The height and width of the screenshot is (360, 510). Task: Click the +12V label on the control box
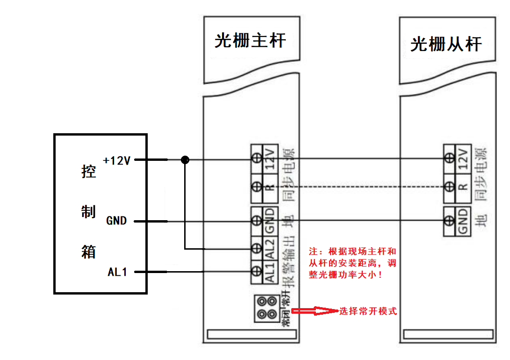(x=117, y=161)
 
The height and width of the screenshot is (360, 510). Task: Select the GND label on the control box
(x=116, y=221)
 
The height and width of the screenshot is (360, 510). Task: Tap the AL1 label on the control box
(x=117, y=272)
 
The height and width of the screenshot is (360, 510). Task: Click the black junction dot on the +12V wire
(x=185, y=160)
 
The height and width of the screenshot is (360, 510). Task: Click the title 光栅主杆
(x=250, y=41)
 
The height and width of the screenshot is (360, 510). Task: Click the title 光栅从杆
(x=446, y=44)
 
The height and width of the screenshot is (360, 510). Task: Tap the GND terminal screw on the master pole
(x=257, y=220)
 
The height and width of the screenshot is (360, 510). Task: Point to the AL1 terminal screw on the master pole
(x=257, y=271)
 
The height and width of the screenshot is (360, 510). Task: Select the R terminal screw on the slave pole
(x=449, y=187)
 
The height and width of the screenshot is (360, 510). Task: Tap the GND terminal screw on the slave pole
(x=449, y=220)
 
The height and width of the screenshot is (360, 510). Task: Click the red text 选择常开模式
(x=368, y=311)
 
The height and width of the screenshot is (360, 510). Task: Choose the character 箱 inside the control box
(x=88, y=252)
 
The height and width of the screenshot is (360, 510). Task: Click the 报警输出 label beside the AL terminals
(x=290, y=262)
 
